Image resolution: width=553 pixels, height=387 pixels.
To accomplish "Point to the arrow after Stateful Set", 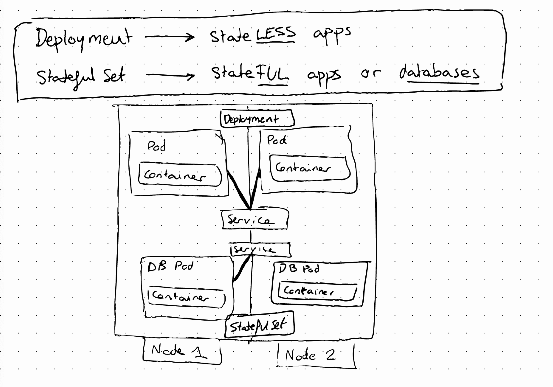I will coord(170,76).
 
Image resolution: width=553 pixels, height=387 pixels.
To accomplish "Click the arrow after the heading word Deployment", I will coord(169,38).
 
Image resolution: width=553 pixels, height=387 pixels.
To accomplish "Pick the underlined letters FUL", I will coord(272,75).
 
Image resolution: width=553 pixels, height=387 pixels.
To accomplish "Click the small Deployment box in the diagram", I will coord(257,119).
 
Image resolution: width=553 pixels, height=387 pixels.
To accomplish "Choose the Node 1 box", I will coord(182,351).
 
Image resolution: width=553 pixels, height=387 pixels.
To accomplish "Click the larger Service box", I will coord(255,219).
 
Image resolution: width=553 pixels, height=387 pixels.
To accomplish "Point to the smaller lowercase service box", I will coord(260,250).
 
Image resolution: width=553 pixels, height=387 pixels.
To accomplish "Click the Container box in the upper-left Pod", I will coord(180,175).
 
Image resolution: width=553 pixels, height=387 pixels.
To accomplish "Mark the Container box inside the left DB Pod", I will coord(187,296).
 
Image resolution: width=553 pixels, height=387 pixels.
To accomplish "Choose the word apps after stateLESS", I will coord(331,34).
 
